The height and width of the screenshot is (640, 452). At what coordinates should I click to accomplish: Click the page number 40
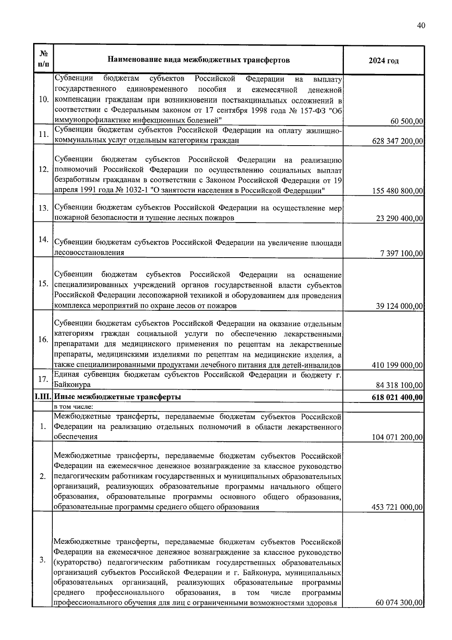[421, 25]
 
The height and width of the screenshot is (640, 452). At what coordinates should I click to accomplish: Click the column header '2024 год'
[383, 61]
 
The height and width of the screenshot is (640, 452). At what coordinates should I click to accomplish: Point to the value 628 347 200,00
[397, 141]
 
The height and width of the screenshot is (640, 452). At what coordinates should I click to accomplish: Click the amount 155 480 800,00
[397, 191]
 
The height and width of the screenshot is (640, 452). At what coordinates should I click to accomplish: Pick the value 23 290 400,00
[399, 218]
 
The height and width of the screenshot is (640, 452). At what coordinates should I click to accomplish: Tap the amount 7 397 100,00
[402, 253]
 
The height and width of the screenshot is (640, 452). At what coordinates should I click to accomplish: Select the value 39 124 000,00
[399, 306]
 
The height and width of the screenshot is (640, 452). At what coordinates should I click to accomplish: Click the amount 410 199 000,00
[397, 365]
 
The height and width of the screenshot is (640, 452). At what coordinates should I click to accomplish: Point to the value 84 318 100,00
[399, 385]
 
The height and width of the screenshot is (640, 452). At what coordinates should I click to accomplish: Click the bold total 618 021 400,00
[397, 397]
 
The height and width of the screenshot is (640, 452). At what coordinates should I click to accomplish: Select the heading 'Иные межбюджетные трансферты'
[118, 397]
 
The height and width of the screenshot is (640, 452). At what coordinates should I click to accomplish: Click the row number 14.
[43, 239]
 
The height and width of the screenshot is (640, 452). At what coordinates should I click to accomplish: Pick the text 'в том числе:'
[74, 407]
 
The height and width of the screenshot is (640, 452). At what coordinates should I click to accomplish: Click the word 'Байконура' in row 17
[73, 385]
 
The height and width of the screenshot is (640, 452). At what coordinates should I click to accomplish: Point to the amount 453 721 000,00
[397, 507]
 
